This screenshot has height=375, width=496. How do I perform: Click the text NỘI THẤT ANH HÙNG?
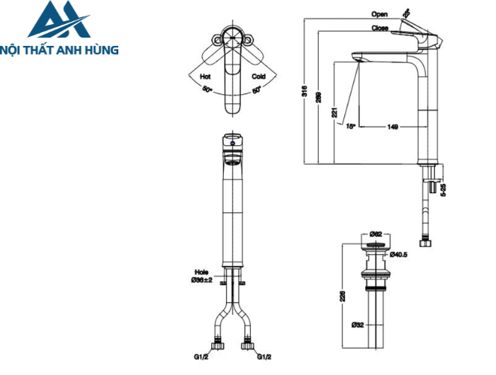click(60, 50)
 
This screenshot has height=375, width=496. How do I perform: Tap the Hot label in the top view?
click(205, 76)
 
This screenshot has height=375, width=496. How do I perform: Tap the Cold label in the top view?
click(258, 76)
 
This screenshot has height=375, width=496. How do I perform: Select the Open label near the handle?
click(379, 14)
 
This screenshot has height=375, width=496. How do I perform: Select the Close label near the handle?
click(379, 28)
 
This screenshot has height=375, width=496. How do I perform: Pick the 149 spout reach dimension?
click(393, 127)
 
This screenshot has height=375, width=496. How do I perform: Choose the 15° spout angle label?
click(349, 127)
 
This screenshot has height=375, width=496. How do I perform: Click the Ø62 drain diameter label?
click(376, 233)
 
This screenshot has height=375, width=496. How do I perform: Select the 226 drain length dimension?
click(342, 295)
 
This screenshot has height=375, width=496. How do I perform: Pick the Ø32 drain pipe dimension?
click(358, 325)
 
